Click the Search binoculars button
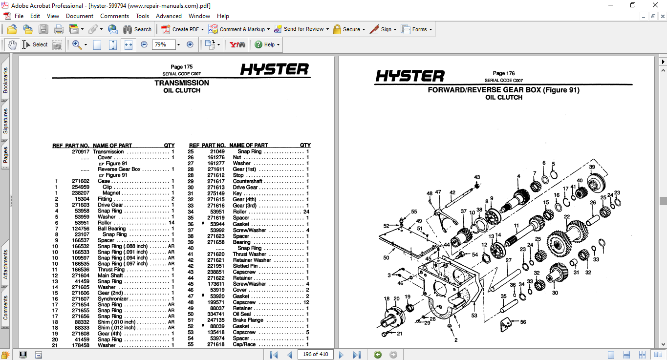(137, 29)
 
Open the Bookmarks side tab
(6, 81)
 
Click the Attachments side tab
(6, 264)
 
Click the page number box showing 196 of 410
(315, 354)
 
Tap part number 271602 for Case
(80, 181)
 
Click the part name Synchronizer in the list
(112, 299)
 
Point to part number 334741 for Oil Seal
(215, 314)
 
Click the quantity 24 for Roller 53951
(306, 212)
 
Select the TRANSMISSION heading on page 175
(182, 83)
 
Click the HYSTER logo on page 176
(410, 76)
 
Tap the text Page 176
(504, 74)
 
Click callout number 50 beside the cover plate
(386, 257)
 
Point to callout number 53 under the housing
(473, 316)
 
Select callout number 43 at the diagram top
(477, 177)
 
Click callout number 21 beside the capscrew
(399, 334)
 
